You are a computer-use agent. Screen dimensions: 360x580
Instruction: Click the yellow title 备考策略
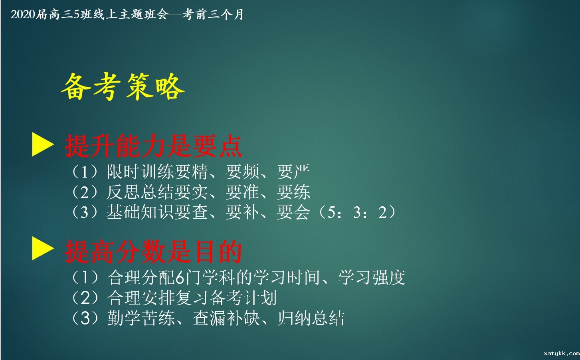(123, 87)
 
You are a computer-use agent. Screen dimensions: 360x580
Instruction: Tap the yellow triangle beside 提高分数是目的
(42, 249)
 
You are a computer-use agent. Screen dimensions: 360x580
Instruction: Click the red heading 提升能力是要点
(153, 146)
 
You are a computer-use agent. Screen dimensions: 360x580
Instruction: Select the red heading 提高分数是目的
(153, 251)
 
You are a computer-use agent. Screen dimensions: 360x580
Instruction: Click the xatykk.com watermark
(561, 353)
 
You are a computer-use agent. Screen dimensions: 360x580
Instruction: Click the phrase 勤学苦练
(141, 318)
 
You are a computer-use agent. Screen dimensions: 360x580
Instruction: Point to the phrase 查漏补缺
(226, 318)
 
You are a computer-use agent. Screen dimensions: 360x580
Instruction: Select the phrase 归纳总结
(311, 318)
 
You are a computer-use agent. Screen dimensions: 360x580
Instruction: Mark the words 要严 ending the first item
(293, 172)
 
